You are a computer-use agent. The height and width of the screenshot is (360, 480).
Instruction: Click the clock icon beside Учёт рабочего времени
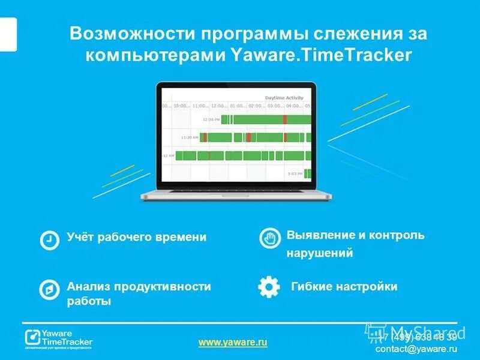(49, 239)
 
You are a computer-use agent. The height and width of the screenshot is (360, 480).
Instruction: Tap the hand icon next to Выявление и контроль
(270, 238)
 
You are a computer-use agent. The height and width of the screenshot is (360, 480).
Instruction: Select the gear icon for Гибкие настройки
(269, 287)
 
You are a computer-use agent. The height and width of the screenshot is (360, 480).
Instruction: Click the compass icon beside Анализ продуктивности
(49, 289)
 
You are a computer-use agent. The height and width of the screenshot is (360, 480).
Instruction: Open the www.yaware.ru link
(233, 342)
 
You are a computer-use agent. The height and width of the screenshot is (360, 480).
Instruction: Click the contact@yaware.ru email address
(416, 349)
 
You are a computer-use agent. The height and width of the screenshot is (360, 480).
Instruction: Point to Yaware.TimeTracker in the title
(322, 55)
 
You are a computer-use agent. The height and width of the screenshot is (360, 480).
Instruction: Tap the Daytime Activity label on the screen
(284, 98)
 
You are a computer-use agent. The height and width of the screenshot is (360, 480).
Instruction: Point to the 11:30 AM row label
(190, 137)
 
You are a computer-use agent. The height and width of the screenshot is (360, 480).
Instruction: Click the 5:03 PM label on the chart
(295, 173)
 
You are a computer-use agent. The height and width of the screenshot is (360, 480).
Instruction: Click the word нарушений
(319, 254)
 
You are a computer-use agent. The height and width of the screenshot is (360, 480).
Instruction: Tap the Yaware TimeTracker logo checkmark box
(32, 336)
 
